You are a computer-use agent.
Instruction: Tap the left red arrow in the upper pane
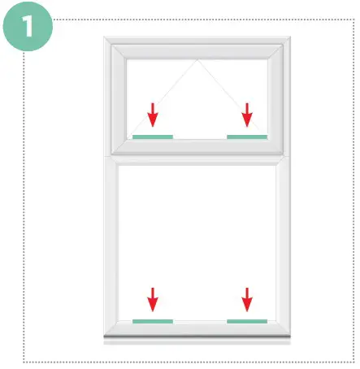coord(152,115)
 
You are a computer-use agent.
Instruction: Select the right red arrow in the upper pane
coord(247,115)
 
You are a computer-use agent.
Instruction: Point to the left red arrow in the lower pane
coord(152,299)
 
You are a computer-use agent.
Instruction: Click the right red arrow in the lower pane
coord(247,299)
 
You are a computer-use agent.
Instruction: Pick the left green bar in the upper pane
coord(153,137)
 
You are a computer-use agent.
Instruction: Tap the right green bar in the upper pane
coord(247,137)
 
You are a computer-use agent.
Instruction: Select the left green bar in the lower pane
coord(153,321)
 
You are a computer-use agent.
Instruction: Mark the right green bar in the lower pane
coord(247,321)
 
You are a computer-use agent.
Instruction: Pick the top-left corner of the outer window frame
coord(106,37)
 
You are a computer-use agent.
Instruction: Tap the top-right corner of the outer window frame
coord(293,37)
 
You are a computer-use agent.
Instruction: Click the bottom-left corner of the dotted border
coord(24,361)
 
